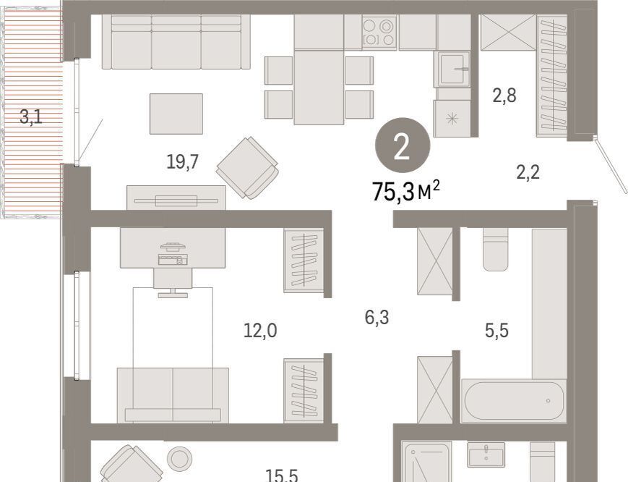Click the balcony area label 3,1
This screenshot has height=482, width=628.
[31, 118]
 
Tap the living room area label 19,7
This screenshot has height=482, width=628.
[183, 162]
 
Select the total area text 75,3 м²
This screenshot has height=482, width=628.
[405, 191]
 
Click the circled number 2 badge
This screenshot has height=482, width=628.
[403, 145]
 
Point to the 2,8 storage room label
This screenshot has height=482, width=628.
[504, 96]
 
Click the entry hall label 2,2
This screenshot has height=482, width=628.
[528, 172]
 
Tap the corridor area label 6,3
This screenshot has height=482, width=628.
[377, 317]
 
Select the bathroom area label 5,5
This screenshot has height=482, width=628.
[496, 331]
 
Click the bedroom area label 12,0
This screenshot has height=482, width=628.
[260, 331]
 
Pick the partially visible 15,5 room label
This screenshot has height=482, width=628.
[282, 475]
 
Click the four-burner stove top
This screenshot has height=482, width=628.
[379, 33]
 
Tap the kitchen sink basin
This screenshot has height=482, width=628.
[454, 69]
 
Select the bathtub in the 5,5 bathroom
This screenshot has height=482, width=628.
[514, 401]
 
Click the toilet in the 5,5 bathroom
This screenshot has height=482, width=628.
[496, 250]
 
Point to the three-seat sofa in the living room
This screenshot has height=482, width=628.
[176, 42]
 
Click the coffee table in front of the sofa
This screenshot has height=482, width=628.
[176, 114]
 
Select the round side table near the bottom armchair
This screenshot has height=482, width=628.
[179, 458]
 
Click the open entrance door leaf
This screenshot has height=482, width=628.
[611, 165]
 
